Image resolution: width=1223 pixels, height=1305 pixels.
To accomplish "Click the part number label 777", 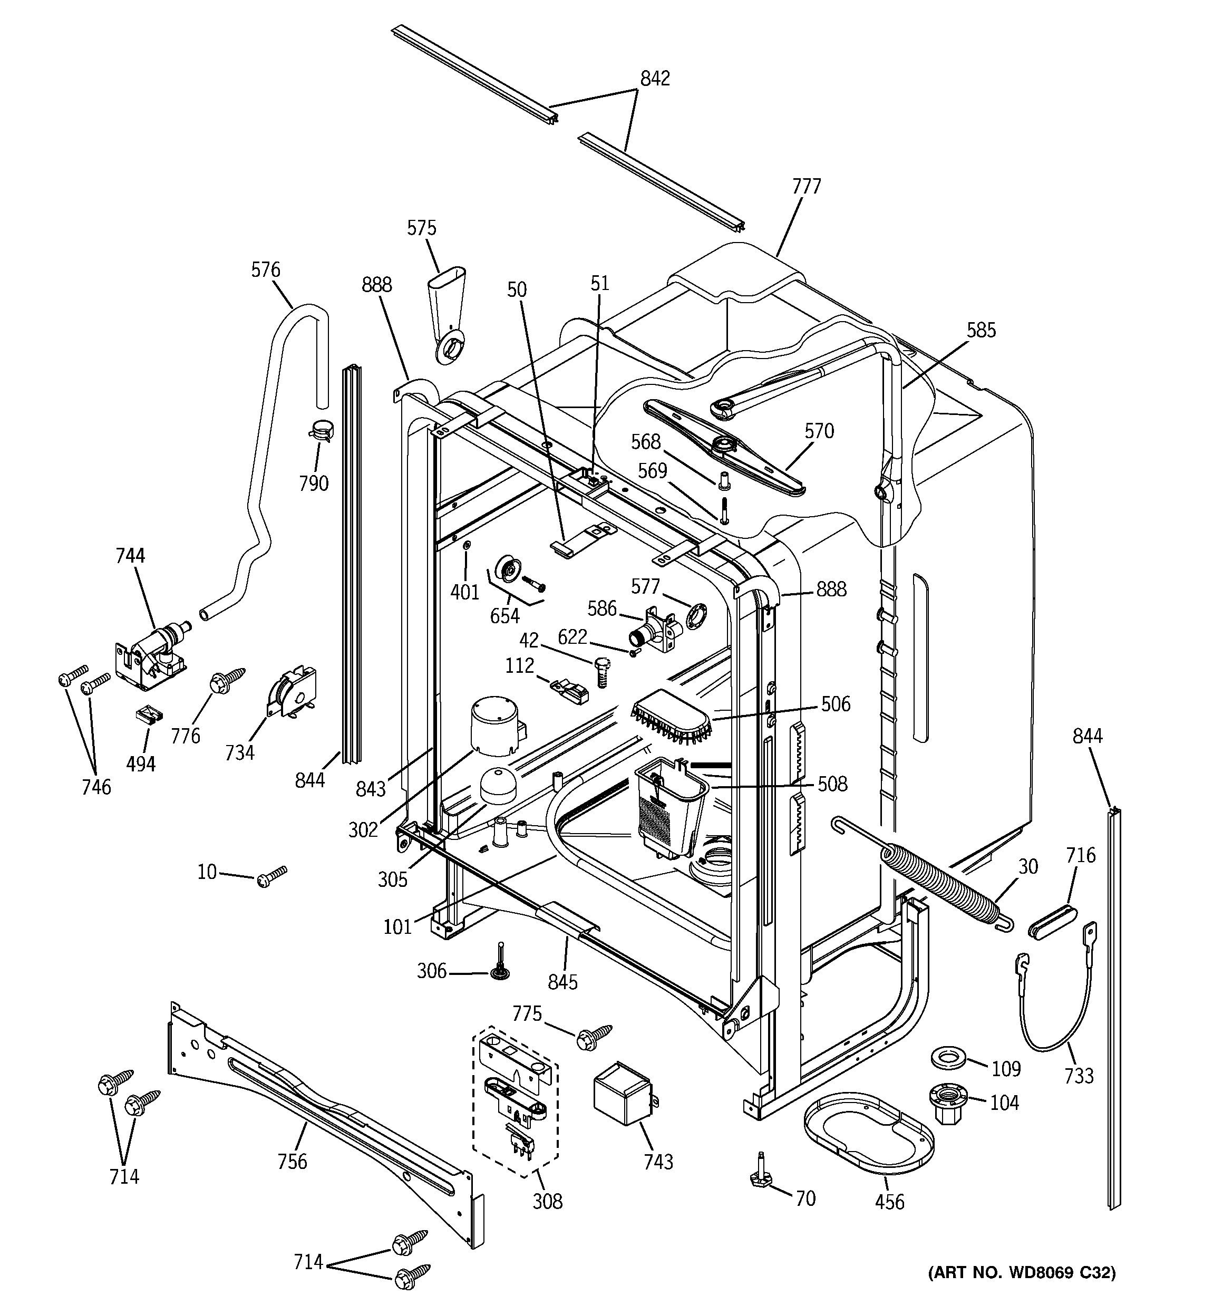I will pyautogui.click(x=806, y=187).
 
